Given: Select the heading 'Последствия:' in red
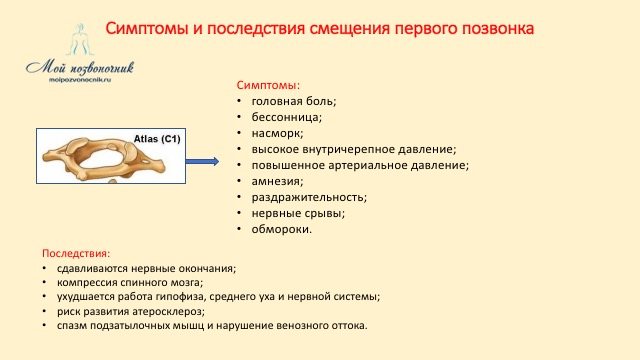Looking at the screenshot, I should (x=76, y=253).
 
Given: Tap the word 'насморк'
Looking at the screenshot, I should (x=278, y=133).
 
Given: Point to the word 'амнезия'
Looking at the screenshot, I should (x=279, y=181).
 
